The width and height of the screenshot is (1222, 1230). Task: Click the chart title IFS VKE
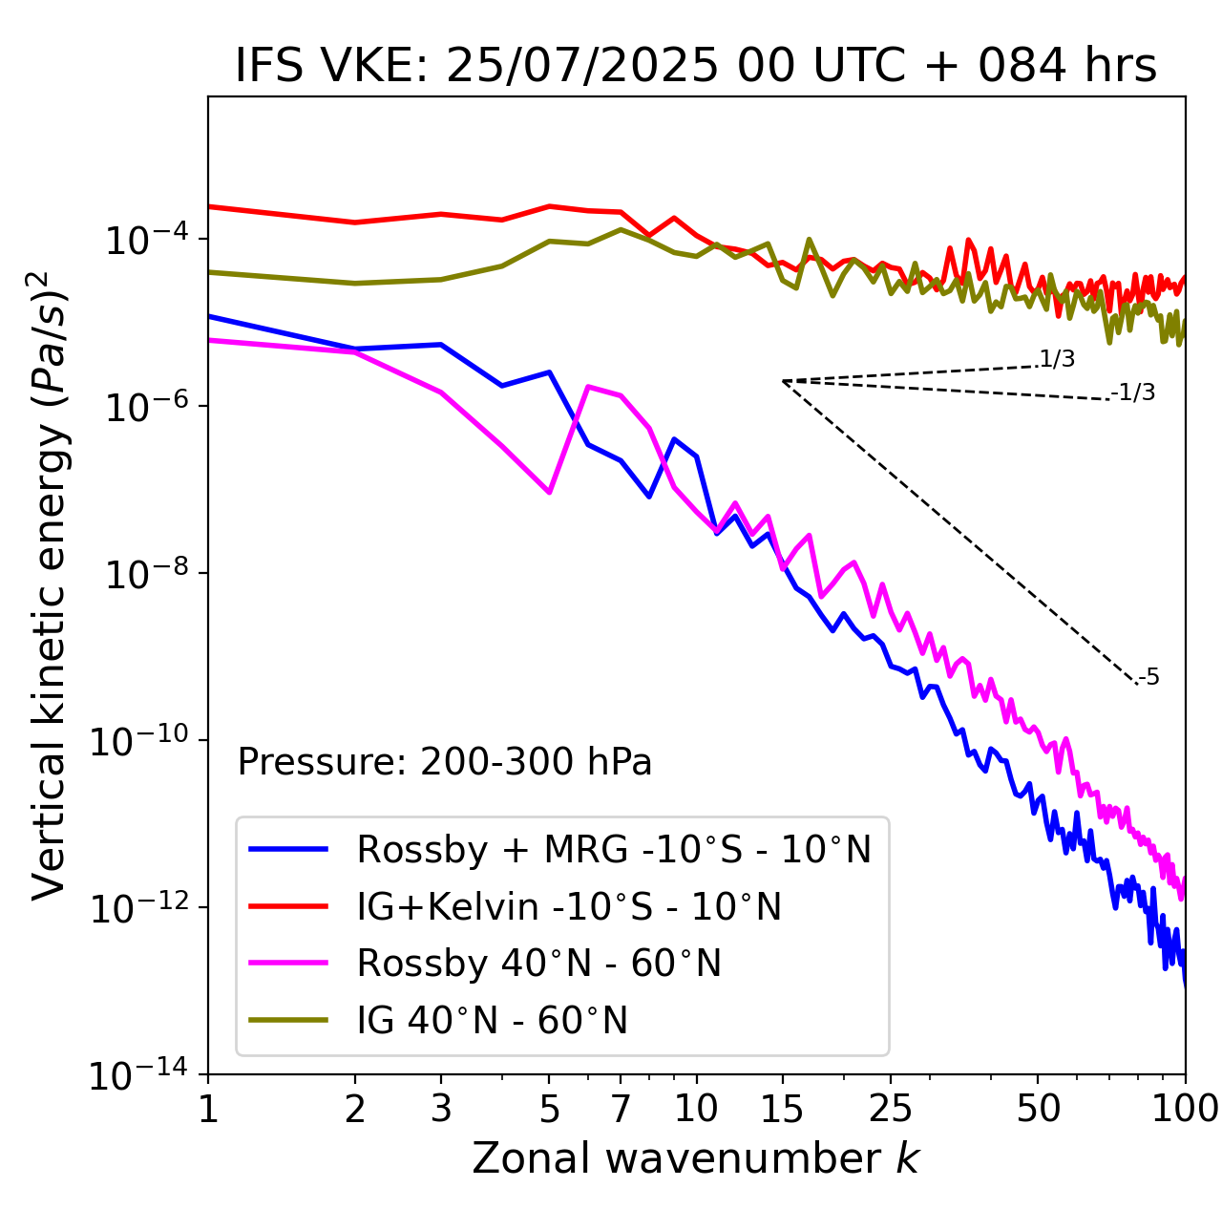coord(696,67)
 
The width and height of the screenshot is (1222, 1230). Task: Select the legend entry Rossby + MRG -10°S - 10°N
coord(614,849)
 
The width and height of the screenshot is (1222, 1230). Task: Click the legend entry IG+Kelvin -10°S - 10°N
coord(569,906)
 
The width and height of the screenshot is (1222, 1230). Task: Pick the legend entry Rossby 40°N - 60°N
coord(538,964)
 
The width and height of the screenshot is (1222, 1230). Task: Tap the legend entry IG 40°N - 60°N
coord(492,1021)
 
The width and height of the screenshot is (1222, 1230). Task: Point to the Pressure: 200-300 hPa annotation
coord(445,762)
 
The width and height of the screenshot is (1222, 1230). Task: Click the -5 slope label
coord(1148,678)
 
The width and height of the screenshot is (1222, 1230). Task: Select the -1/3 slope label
coord(1133,392)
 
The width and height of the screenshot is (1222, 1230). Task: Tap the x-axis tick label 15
coord(782,1109)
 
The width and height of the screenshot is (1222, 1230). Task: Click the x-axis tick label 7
coord(621,1109)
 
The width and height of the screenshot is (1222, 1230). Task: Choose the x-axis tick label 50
coord(1038,1109)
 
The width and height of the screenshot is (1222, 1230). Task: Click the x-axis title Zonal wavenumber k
coord(696,1158)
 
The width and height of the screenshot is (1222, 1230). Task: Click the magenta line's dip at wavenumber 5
coord(549,492)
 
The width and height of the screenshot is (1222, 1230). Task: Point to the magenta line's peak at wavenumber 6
coord(588,386)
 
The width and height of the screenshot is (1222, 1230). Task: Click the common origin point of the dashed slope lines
coord(783,381)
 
